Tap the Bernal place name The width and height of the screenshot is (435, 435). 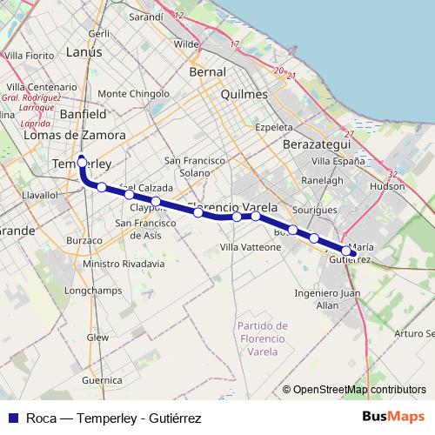click(208, 72)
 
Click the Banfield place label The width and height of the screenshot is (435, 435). click(84, 114)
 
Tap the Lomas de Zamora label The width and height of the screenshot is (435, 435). click(75, 135)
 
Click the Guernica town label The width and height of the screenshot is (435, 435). click(102, 380)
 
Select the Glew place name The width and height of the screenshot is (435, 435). click(97, 336)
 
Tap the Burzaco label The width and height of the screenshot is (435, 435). click(84, 240)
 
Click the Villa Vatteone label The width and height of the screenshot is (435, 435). click(251, 247)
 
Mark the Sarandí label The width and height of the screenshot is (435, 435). click(145, 17)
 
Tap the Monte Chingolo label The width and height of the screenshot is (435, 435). click(134, 93)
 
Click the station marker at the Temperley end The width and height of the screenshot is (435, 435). click(82, 162)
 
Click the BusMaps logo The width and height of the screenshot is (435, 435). click(394, 417)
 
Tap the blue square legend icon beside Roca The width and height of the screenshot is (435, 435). click(12, 418)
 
